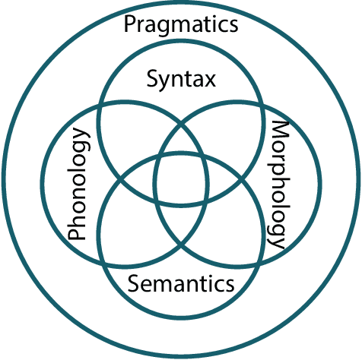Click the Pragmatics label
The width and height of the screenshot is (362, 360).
pos(181,25)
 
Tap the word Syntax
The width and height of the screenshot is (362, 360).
pos(182,78)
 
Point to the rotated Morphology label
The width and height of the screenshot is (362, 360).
pos(278,185)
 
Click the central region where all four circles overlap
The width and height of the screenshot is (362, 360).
pos(182,182)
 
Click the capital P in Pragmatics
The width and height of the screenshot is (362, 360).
pos(130,24)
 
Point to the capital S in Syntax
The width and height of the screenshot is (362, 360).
pos(151,77)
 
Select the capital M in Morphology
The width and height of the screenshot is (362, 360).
pos(280,130)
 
